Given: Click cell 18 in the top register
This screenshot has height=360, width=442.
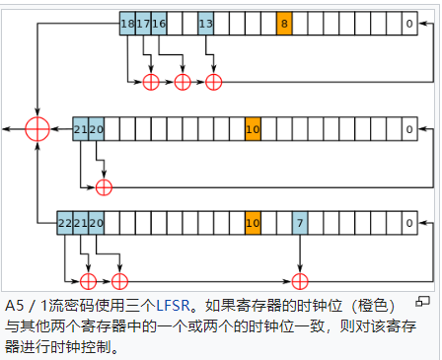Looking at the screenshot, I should click(x=127, y=23).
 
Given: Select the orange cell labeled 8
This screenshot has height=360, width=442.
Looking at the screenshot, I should click(x=284, y=23).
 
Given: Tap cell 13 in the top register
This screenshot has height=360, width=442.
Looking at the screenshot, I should click(x=205, y=23).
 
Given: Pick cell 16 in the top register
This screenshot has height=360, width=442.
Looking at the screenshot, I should click(x=159, y=23).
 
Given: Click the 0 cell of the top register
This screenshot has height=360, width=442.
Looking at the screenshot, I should click(x=409, y=23).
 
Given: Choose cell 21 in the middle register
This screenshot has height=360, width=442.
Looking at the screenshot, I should click(x=80, y=128).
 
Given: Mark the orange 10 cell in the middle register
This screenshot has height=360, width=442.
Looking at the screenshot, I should click(x=253, y=128).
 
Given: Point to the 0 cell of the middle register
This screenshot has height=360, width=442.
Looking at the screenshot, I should click(x=409, y=128).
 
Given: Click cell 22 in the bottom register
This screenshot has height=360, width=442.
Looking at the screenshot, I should click(x=64, y=224).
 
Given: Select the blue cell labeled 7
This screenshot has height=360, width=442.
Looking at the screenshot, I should click(x=299, y=224).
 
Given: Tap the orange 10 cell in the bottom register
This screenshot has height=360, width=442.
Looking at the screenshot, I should click(x=253, y=224).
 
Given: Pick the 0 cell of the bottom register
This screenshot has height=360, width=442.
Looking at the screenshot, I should click(x=409, y=224).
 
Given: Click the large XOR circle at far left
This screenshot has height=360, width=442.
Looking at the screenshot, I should click(x=37, y=128).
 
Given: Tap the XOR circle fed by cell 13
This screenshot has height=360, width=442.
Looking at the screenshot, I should click(x=213, y=81).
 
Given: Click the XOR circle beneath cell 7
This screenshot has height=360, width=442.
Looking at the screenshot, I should click(x=299, y=281).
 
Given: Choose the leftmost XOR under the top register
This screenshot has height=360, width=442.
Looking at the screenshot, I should click(x=151, y=81).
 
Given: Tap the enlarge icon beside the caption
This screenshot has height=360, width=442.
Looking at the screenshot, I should click(x=423, y=301).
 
